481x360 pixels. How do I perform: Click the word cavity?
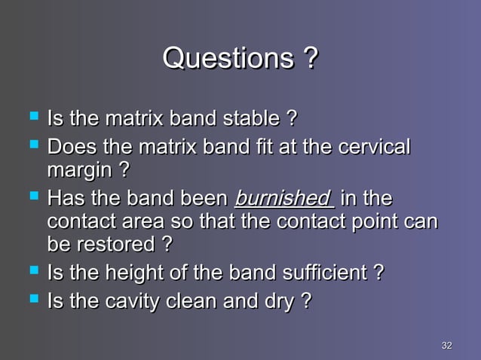(x=129, y=301)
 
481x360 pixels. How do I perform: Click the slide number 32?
(x=446, y=346)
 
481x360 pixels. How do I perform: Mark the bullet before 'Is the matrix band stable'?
(x=32, y=117)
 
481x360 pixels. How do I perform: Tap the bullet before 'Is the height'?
(x=32, y=270)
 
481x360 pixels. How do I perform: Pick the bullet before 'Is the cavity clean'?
(x=32, y=300)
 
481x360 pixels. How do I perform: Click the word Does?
(x=70, y=147)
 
